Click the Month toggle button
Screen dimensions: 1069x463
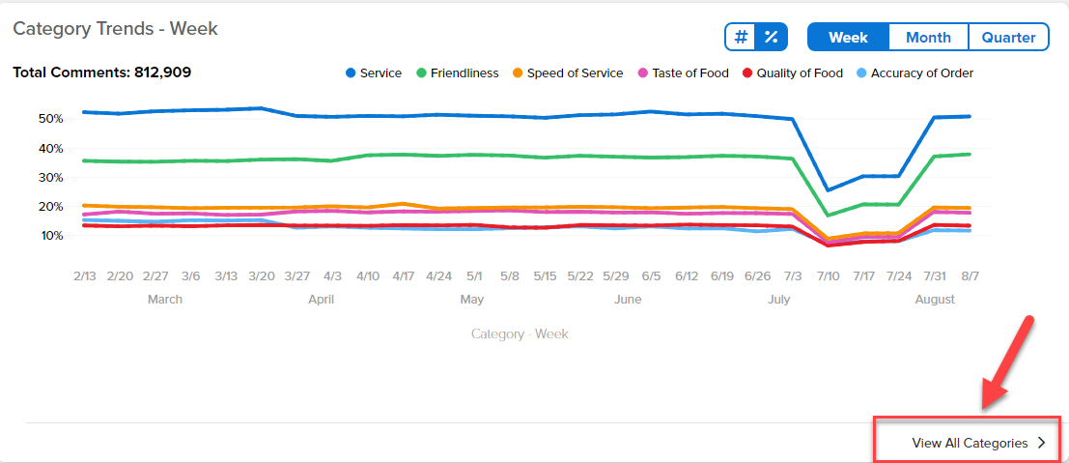(x=928, y=37)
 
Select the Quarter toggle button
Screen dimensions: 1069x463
(x=1008, y=37)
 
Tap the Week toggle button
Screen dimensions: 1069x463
(x=848, y=37)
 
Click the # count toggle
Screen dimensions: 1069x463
(x=741, y=37)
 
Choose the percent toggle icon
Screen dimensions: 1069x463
(x=771, y=37)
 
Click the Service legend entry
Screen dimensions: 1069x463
(x=374, y=73)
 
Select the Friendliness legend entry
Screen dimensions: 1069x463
(x=458, y=73)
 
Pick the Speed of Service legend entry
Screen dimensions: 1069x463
(x=568, y=73)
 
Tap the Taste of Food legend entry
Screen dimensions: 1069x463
(x=683, y=73)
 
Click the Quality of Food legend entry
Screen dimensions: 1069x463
(x=793, y=73)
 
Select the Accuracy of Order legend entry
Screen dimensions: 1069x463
(x=914, y=73)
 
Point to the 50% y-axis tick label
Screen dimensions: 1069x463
(x=50, y=119)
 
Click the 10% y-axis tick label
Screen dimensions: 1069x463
(x=50, y=236)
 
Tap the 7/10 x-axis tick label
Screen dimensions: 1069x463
(x=829, y=276)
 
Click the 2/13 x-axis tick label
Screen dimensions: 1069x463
(x=85, y=276)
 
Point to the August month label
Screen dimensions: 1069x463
(x=935, y=299)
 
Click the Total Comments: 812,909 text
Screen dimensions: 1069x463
(x=102, y=72)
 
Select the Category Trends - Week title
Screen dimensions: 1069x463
(x=115, y=29)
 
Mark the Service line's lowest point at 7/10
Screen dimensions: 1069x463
(x=829, y=189)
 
